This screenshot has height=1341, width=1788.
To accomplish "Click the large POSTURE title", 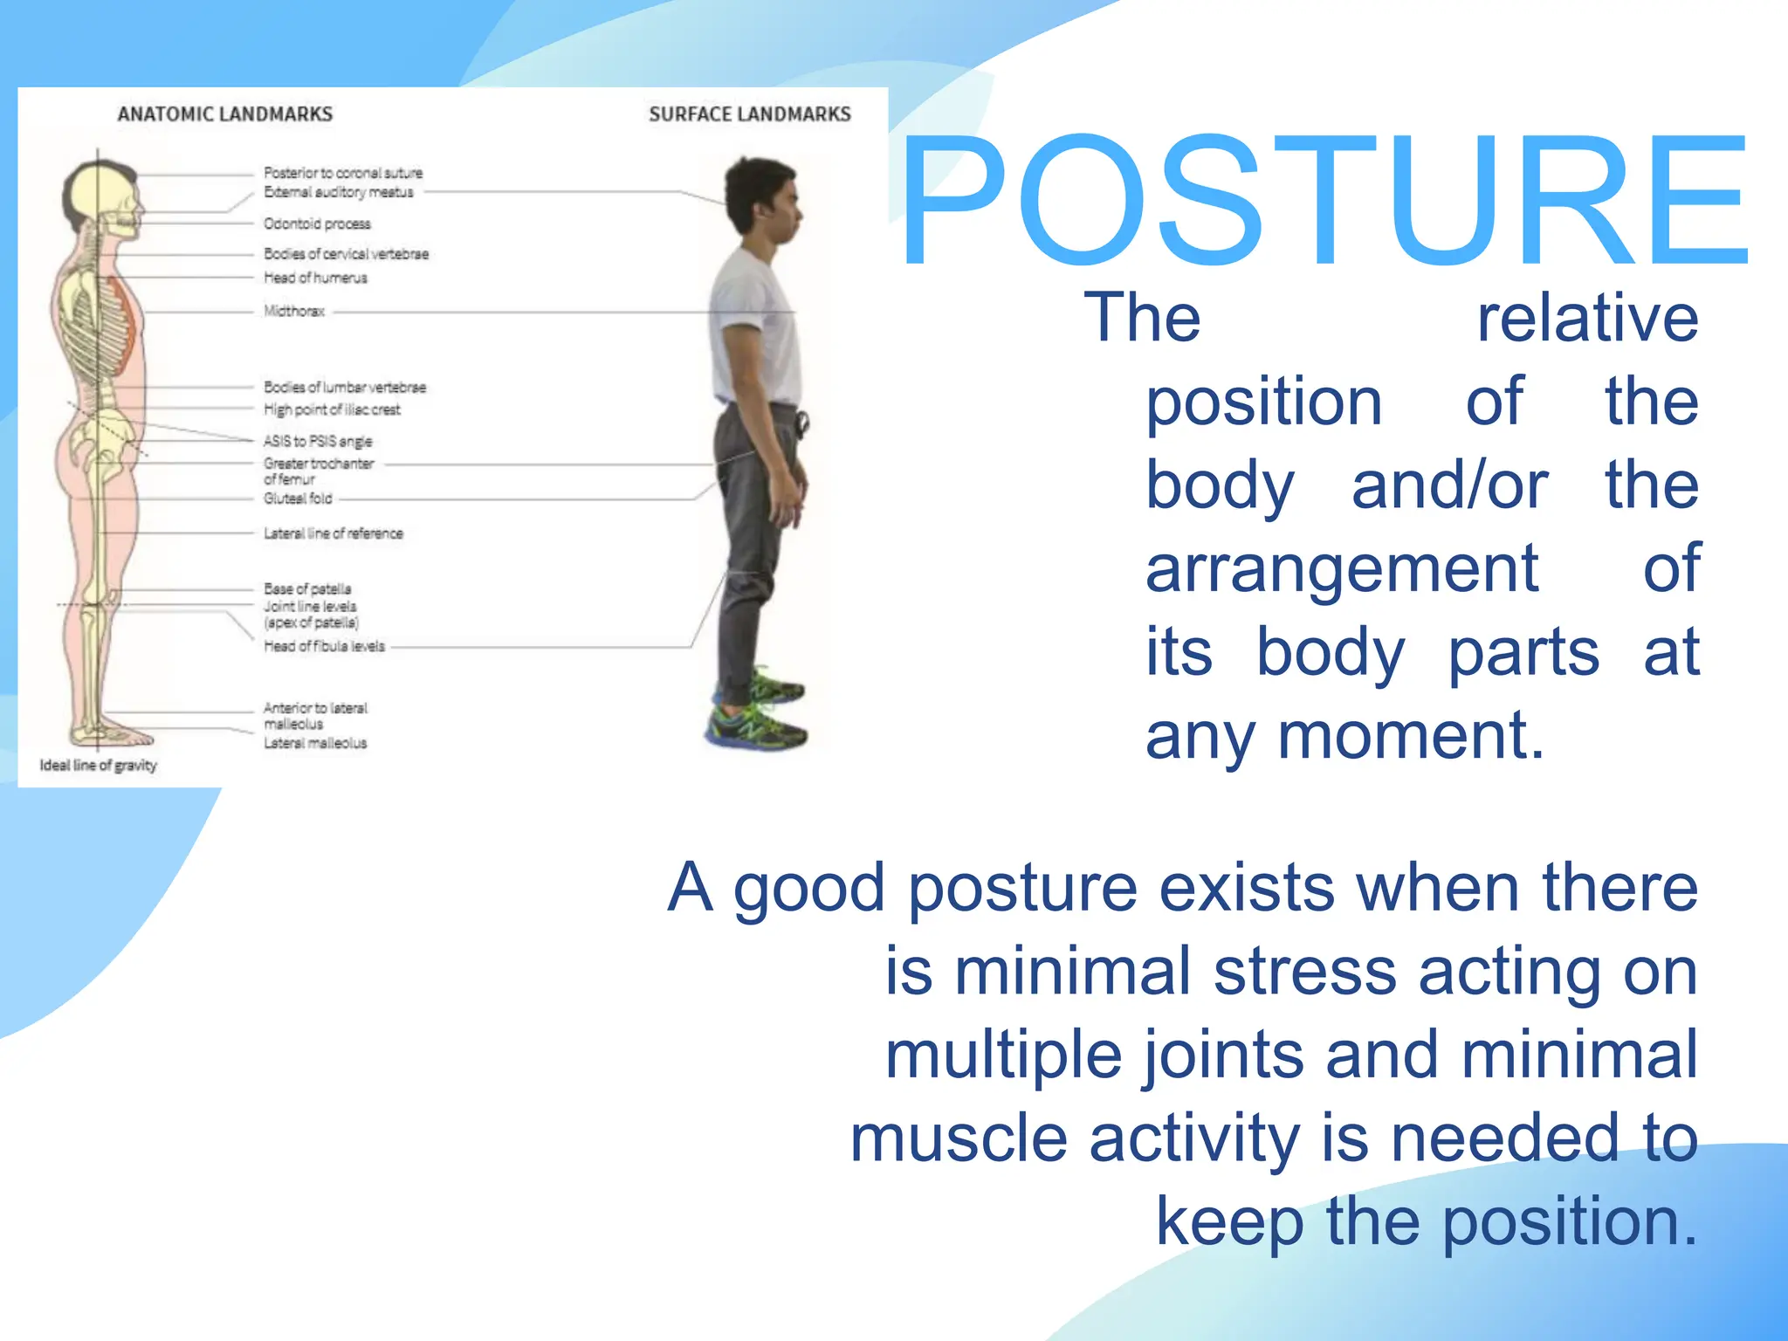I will coord(1324,201).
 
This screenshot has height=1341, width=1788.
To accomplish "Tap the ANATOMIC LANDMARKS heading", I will coord(225,114).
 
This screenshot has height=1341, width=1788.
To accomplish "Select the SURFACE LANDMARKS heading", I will coord(749,114).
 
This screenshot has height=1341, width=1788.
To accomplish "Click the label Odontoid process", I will coord(317,224).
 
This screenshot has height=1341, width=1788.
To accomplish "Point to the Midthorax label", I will coord(294,311).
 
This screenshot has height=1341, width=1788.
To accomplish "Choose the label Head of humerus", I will coord(315,278).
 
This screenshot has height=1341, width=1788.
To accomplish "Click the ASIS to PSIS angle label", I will coord(318,441).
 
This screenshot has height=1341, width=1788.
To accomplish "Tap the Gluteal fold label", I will coord(298,499).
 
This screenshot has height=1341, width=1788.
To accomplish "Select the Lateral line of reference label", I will coord(334,533).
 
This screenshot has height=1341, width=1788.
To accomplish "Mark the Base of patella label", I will coord(307,588).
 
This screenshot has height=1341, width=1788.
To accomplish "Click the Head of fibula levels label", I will coord(324,646).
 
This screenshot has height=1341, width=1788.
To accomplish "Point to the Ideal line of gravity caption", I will coord(98,766).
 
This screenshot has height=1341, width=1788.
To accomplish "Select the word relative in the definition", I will coord(1586,318).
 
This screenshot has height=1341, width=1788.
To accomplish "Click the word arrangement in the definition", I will coord(1341,568).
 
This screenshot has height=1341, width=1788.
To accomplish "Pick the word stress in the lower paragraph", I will coord(1304,972).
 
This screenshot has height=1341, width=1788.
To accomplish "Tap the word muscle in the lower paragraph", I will coord(958,1138).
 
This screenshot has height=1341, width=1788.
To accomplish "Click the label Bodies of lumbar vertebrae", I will coord(345,387).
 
